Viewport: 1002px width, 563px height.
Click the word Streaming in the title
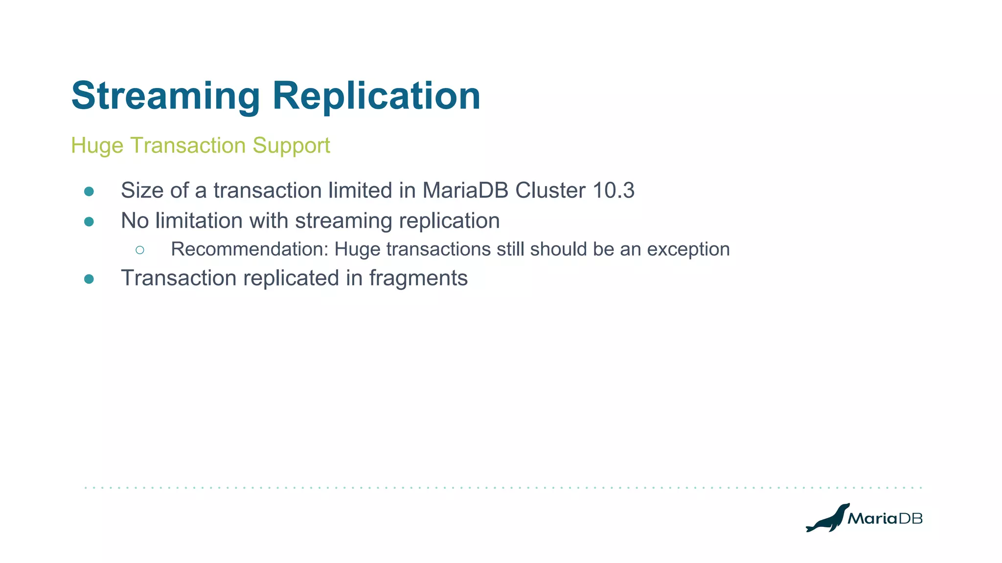pyautogui.click(x=165, y=96)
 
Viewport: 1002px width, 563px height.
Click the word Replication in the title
pyautogui.click(x=376, y=96)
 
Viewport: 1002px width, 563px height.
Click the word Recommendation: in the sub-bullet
pyautogui.click(x=249, y=249)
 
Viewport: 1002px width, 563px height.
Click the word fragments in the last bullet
pyautogui.click(x=418, y=278)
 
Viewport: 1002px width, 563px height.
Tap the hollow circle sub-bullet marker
pyautogui.click(x=140, y=250)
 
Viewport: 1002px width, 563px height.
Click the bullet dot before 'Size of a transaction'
pyautogui.click(x=89, y=192)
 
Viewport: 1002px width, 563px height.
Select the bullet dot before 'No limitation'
pyautogui.click(x=89, y=222)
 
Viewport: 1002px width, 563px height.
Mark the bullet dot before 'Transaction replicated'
pyautogui.click(x=89, y=279)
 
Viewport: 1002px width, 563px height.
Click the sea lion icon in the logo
pyautogui.click(x=827, y=518)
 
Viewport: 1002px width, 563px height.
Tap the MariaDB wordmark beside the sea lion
pyautogui.click(x=885, y=519)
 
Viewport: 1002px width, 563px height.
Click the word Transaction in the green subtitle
pyautogui.click(x=188, y=146)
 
